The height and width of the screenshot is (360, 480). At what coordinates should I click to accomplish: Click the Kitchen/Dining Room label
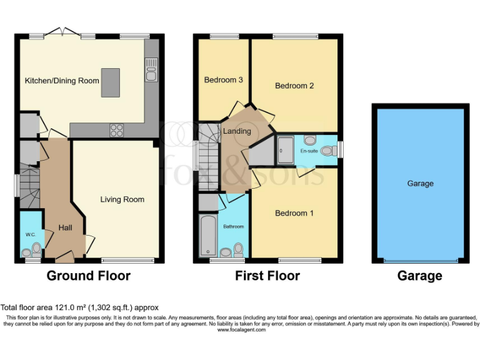pos(62,81)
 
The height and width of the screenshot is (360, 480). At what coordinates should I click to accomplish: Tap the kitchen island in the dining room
pos(110,82)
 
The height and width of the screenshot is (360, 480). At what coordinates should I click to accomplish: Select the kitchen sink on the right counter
pos(150,69)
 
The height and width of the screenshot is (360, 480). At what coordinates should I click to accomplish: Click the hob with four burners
pos(116,130)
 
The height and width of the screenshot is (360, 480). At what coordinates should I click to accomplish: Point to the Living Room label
pos(122,199)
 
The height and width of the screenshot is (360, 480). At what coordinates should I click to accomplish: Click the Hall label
pos(66,228)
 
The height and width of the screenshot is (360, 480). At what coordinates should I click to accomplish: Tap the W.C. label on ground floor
pos(31,234)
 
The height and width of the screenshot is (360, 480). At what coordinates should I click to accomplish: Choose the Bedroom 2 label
pos(294,86)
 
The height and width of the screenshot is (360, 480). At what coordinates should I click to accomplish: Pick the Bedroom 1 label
pos(294,213)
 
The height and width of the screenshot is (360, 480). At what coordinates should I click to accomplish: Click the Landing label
pos(237,131)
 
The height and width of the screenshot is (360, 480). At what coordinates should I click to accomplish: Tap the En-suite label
pos(309,151)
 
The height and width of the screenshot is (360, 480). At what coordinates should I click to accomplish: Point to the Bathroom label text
pos(234,226)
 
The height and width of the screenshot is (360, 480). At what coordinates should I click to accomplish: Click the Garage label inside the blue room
pos(420,184)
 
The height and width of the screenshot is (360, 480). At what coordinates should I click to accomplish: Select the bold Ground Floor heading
pos(89,276)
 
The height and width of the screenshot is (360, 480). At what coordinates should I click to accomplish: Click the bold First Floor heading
pos(267,276)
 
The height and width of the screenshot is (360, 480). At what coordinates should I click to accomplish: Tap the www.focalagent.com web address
pos(241,329)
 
